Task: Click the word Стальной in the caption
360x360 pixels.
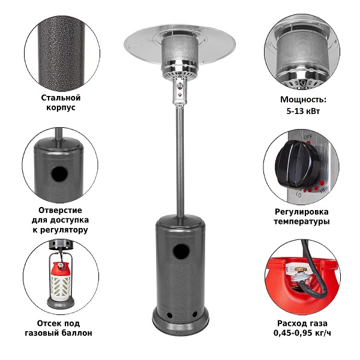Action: (61, 98)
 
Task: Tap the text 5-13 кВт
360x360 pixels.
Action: (303, 111)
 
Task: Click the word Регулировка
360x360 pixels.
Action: (302, 212)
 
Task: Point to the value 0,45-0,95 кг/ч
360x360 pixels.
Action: (302, 332)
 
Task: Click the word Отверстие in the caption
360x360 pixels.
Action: (60, 210)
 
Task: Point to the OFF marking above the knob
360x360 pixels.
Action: (308, 137)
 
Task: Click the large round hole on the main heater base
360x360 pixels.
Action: (181, 251)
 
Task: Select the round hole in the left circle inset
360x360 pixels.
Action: (59, 174)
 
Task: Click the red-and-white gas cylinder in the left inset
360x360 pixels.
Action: (61, 282)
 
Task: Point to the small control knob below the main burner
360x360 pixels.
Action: (180, 86)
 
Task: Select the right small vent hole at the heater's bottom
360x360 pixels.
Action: (194, 314)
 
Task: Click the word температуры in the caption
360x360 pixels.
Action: (302, 222)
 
